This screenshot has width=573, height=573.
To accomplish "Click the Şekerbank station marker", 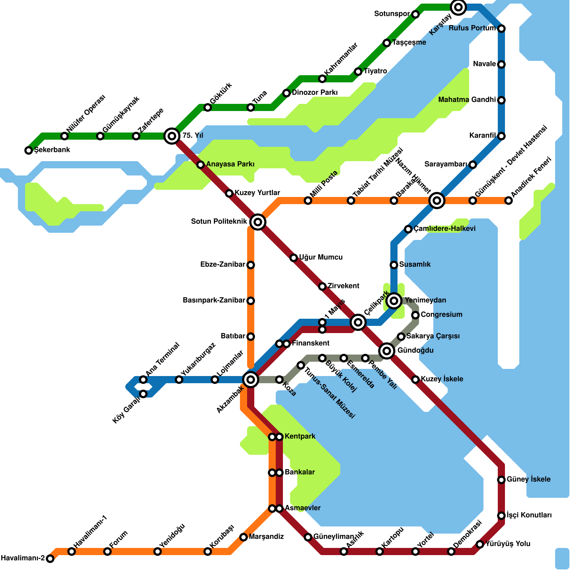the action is [29, 150].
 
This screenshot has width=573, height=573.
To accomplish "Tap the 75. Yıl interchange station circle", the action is [172, 136].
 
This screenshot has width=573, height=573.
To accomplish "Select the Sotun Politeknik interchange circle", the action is [258, 222].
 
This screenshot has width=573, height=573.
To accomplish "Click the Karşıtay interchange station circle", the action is [458, 7].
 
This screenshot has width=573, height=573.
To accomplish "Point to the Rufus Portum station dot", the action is [501, 29].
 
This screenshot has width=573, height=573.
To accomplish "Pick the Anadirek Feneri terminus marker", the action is [509, 201].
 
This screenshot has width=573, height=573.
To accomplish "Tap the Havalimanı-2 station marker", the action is [50, 559].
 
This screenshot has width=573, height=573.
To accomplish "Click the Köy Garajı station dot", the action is [143, 394].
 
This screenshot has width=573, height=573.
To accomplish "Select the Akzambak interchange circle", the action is [251, 380].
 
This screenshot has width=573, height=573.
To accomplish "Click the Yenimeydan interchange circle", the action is [394, 301].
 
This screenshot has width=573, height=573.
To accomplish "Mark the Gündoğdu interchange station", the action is [387, 351].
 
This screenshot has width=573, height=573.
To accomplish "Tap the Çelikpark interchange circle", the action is [358, 322].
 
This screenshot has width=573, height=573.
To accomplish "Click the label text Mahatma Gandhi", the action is [467, 100].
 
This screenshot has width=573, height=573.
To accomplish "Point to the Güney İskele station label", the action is [529, 480].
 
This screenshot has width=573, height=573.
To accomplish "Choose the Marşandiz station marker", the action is [244, 537].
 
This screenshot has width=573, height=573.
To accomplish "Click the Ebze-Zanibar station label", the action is [222, 265].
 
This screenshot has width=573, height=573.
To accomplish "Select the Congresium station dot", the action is [415, 315].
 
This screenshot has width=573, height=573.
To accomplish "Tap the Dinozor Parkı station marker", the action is [286, 93].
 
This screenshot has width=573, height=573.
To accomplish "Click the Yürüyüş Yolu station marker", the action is [480, 544].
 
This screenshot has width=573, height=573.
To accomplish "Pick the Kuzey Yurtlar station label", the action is [257, 193].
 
